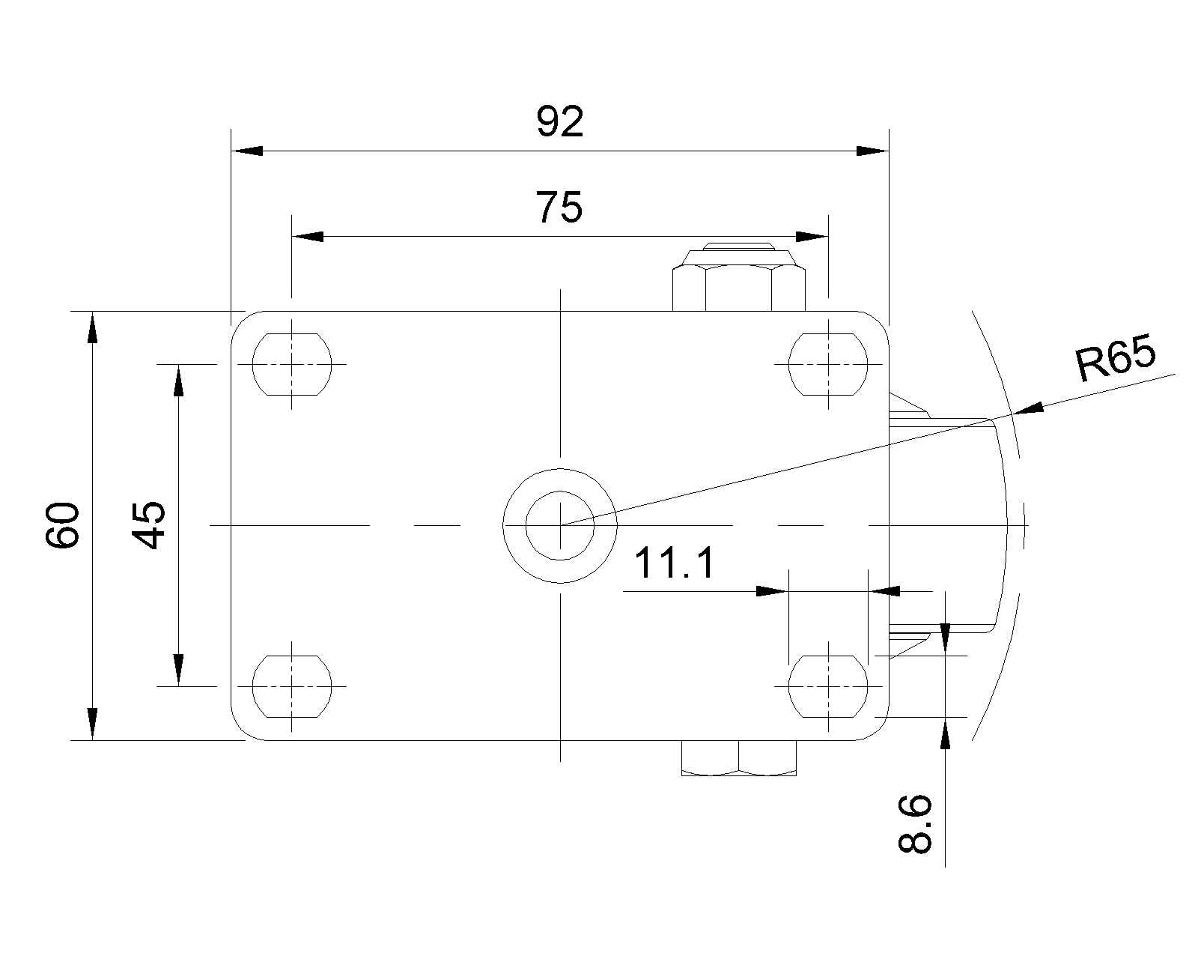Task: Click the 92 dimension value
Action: click(560, 121)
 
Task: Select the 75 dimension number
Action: click(559, 208)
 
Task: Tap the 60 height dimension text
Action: click(62, 525)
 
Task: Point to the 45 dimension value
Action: click(148, 525)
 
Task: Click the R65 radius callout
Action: click(1116, 357)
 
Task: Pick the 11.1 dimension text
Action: click(674, 563)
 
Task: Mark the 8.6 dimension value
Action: click(915, 823)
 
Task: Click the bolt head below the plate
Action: click(739, 758)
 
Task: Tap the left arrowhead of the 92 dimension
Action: click(247, 151)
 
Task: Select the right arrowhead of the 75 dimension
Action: click(812, 237)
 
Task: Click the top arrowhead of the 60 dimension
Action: click(92, 327)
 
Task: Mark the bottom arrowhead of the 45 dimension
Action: click(178, 671)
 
